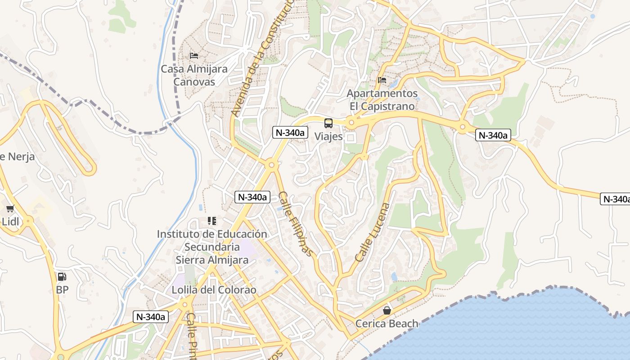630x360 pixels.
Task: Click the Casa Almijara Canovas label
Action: tap(194, 75)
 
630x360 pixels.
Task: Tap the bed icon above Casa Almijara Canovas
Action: tap(194, 56)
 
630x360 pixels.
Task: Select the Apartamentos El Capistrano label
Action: tap(382, 99)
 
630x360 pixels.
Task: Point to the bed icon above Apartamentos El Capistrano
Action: tap(382, 80)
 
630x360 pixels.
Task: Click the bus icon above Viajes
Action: tap(328, 123)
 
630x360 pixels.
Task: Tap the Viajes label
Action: tap(328, 136)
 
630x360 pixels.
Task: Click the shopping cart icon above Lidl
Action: tap(10, 208)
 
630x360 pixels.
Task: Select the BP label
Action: tap(62, 290)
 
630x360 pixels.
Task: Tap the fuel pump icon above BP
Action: tap(62, 277)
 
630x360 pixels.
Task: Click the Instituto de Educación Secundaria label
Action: tap(212, 247)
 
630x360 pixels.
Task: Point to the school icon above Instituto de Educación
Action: tap(212, 221)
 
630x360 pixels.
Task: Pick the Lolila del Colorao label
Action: tap(214, 290)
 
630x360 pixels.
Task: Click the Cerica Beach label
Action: tap(387, 324)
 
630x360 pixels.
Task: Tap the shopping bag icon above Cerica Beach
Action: tap(387, 310)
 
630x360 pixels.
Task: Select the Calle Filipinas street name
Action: tap(295, 224)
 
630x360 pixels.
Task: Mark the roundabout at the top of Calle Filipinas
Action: tap(271, 165)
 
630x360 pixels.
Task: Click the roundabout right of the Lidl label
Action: tap(28, 220)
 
